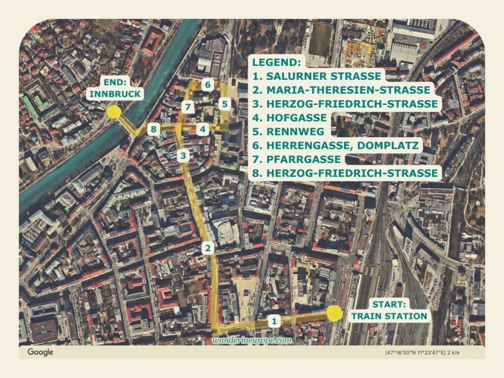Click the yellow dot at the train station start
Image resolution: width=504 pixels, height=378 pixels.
click(x=335, y=314)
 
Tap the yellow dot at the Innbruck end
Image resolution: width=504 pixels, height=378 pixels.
click(x=114, y=112)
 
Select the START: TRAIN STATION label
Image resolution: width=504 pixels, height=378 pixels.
click(x=388, y=311)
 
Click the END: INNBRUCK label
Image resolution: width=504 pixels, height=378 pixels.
click(x=116, y=89)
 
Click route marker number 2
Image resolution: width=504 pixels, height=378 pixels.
click(x=209, y=249)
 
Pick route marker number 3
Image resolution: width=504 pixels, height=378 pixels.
click(x=183, y=156)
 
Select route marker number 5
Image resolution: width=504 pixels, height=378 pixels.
click(x=224, y=104)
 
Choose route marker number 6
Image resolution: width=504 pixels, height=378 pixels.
click(x=208, y=85)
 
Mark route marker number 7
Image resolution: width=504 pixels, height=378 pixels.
click(x=187, y=106)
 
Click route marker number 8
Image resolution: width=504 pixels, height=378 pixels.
click(x=155, y=129)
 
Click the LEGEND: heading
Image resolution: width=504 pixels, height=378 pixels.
click(x=277, y=63)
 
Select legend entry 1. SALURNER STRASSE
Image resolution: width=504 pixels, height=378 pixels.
click(x=317, y=76)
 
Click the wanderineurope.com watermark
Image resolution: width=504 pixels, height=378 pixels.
click(x=252, y=340)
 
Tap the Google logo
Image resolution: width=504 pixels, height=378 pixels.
click(x=40, y=352)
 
